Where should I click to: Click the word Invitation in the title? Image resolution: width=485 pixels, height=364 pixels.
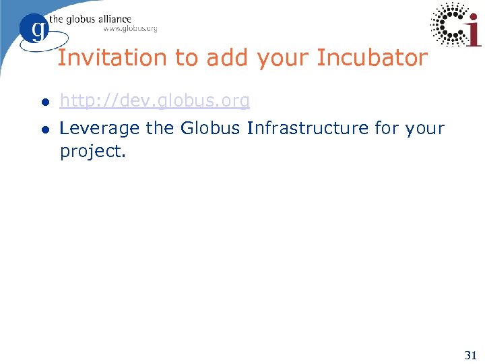pos(96,58)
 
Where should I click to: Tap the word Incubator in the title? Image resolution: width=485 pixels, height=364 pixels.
pos(372,58)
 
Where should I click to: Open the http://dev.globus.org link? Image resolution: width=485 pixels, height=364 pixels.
pos(155,101)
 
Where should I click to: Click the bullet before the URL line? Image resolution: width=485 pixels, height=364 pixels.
pos(44,102)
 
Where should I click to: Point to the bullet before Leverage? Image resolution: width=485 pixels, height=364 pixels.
pos(44,129)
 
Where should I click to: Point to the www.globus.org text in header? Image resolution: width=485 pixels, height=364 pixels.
pos(130,29)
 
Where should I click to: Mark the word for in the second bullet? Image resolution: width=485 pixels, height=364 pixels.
pos(387,128)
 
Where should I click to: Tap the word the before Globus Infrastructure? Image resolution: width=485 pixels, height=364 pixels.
pos(160,128)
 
